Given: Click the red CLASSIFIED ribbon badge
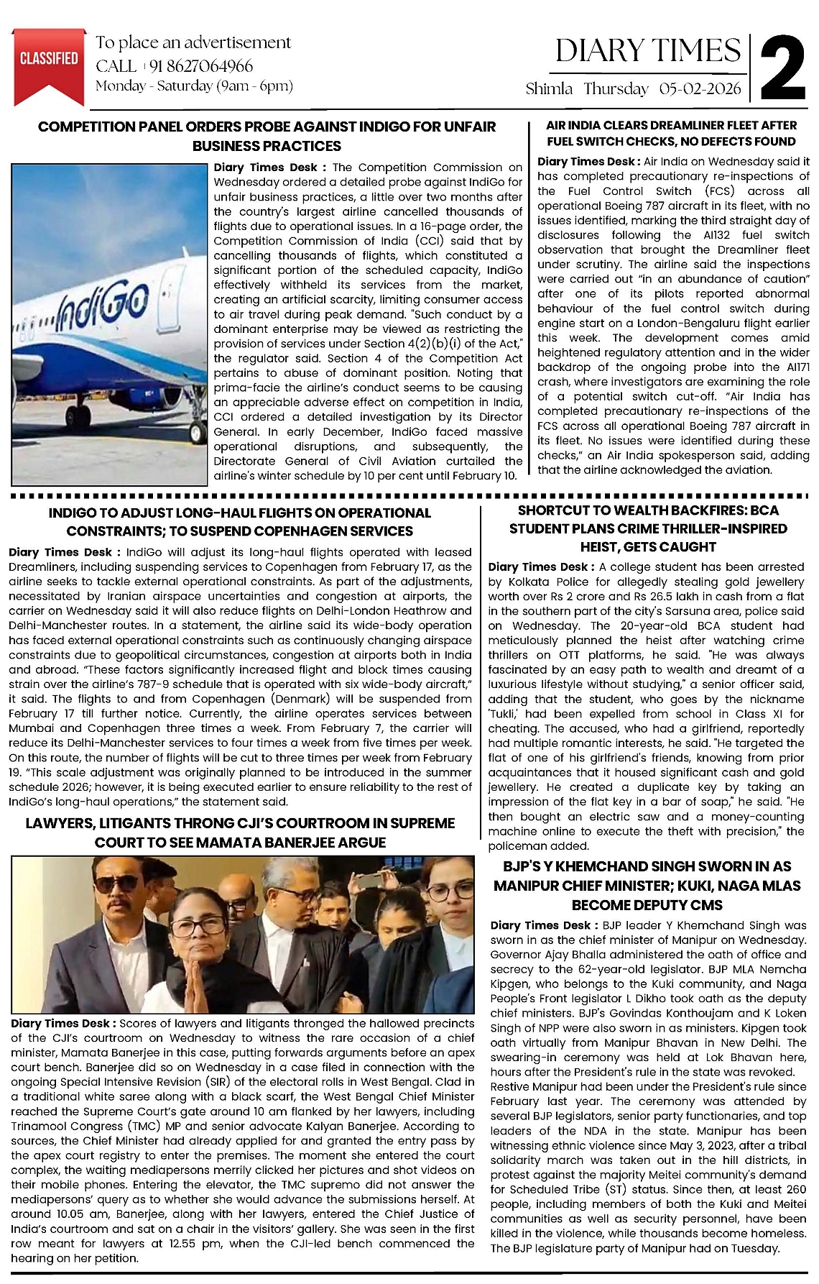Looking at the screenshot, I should coord(49,61).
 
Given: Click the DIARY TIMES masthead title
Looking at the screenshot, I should coord(648,50).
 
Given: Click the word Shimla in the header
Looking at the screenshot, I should coord(549,89).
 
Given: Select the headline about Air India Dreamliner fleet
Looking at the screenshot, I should coord(672,134).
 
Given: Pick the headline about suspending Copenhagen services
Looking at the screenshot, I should coord(240,522).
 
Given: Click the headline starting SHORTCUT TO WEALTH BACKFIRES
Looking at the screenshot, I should coord(648,528).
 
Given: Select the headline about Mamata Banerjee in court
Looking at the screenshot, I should coord(240,833).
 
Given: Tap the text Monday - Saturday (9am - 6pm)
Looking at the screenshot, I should coord(194,86).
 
